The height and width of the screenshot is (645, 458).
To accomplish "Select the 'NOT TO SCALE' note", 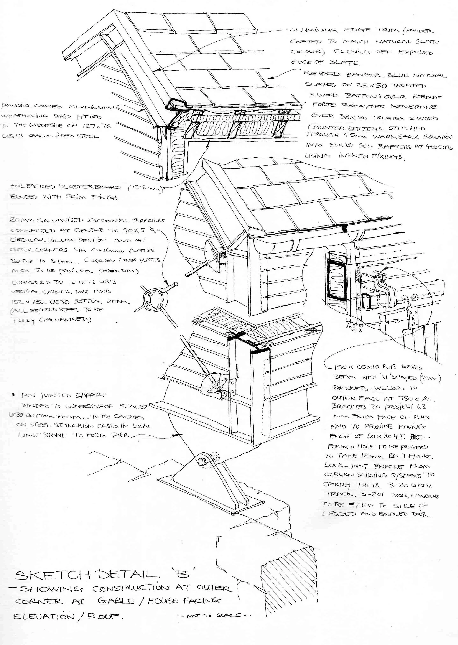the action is (x=214, y=615).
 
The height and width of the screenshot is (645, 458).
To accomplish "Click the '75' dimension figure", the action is (x=396, y=321).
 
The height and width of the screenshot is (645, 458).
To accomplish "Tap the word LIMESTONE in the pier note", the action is (x=43, y=435).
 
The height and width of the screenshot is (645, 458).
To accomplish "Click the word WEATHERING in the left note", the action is (x=24, y=116).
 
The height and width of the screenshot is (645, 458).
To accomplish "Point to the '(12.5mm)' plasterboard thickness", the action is (x=145, y=188).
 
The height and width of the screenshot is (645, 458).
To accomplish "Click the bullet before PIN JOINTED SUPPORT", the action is (x=13, y=394).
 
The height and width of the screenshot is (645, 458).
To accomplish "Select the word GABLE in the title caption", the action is (x=116, y=601).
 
